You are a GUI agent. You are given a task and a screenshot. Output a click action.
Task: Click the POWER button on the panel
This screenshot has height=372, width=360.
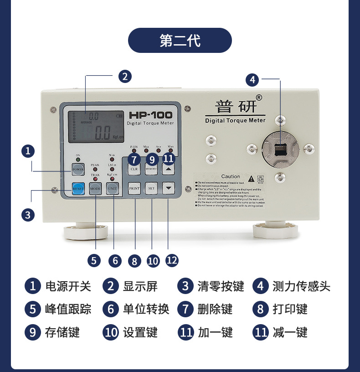77,170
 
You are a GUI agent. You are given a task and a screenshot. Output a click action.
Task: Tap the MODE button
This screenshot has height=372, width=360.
95,188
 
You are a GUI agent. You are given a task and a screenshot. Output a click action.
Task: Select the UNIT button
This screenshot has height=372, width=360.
113,188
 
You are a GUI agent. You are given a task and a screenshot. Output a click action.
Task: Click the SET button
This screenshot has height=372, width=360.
152,188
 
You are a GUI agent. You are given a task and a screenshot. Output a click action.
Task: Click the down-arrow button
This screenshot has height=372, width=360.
169,188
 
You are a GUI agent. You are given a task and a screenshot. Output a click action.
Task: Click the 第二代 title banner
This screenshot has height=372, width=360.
180,41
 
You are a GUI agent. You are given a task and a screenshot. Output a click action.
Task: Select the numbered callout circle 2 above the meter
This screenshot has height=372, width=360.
125,76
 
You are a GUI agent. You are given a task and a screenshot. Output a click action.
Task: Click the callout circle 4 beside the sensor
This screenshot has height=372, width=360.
252,80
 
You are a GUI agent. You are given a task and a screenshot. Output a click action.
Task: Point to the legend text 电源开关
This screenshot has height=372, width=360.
68,286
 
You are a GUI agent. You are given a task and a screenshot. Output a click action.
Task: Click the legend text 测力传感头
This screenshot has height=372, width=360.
301,286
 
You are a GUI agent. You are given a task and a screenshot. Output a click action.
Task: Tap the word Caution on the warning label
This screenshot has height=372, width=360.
231,176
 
